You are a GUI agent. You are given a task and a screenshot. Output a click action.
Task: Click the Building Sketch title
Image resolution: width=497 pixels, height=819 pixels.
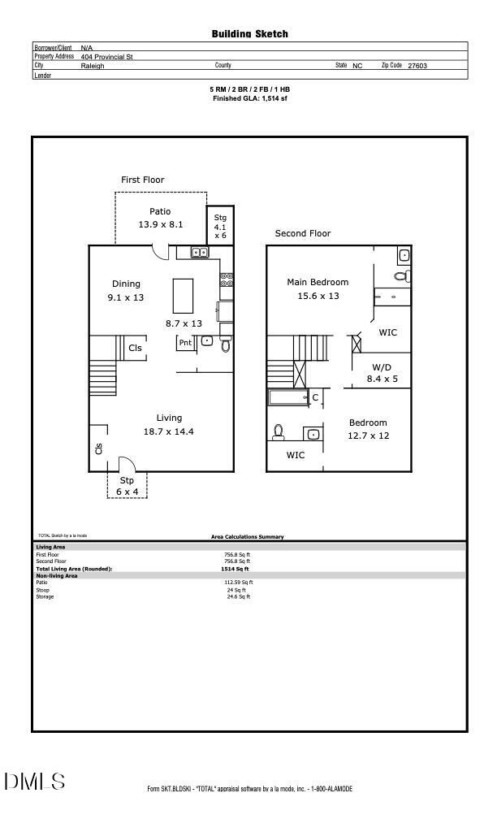coord(249,34)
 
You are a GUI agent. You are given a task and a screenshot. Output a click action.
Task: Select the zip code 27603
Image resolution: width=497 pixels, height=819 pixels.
coord(417,66)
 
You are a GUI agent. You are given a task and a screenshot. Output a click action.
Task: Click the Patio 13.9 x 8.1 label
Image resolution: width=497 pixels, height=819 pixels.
coord(160,218)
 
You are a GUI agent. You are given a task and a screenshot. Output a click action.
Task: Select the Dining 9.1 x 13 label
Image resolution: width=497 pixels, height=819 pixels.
coord(126,291)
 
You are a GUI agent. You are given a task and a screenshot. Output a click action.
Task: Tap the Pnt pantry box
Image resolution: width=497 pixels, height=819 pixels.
coord(185,343)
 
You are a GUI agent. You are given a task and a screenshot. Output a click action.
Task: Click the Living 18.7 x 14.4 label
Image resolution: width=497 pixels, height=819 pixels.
coord(169,425)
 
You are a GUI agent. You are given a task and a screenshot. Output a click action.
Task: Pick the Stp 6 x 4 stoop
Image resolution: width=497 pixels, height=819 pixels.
coord(127,485)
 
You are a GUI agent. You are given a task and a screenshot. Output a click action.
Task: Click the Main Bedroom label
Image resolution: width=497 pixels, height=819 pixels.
coord(318,289)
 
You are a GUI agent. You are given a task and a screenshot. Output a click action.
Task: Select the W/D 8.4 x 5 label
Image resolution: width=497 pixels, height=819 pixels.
coord(382,373)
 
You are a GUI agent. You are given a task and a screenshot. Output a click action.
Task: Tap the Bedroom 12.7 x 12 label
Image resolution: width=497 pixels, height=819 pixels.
coord(368,429)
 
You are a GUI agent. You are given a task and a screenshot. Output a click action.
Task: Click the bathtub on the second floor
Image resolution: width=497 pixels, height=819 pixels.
coord(286,397)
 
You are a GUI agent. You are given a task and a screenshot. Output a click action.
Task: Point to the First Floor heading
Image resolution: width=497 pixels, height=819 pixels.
coord(143,180)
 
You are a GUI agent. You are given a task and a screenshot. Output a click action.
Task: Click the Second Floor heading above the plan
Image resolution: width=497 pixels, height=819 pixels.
coord(303,233)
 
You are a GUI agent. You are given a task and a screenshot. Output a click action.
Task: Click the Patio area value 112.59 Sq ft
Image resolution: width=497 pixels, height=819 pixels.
coord(238,583)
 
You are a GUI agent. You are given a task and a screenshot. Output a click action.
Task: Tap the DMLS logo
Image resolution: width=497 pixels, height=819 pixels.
coord(34,782)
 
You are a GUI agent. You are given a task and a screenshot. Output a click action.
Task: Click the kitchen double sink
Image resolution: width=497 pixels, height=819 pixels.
coord(200,253)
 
